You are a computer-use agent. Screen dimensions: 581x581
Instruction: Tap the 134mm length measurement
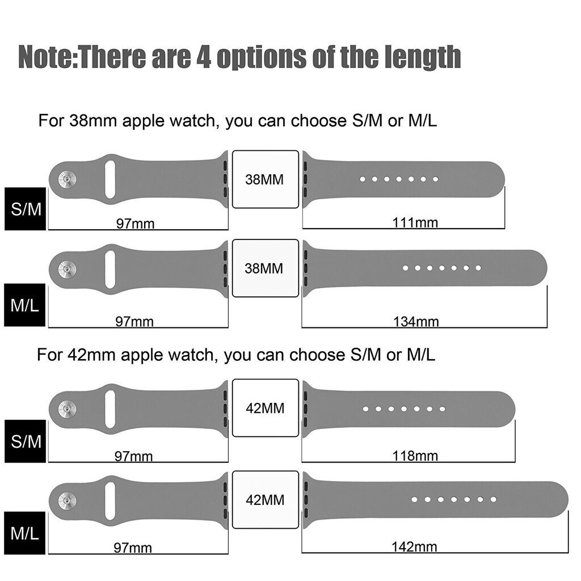click(x=416, y=322)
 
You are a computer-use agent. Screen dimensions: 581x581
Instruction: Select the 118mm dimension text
click(x=415, y=455)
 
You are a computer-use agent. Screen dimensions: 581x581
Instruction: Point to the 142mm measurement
click(x=414, y=547)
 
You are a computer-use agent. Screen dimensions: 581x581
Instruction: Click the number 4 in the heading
click(x=203, y=57)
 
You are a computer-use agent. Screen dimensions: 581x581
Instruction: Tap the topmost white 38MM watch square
click(x=265, y=180)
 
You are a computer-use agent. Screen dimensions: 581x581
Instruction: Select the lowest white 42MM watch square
click(x=265, y=500)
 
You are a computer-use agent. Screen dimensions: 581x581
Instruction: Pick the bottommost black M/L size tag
click(x=26, y=533)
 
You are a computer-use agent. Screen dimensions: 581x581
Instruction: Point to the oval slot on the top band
click(x=110, y=179)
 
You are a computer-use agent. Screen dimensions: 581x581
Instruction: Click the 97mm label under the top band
click(x=135, y=224)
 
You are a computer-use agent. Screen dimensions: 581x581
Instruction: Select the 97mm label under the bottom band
click(x=133, y=548)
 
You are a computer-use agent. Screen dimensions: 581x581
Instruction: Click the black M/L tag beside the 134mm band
click(x=25, y=306)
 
